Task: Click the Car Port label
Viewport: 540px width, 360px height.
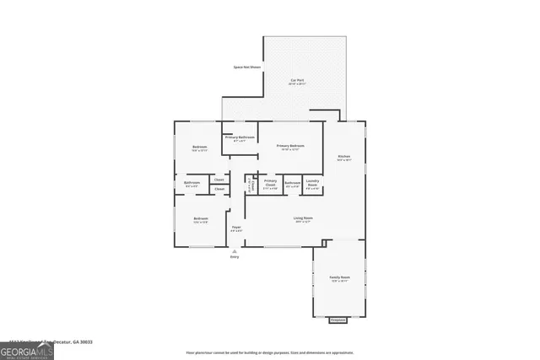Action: [x=296, y=81]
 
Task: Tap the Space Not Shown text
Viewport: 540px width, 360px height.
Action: [x=246, y=67]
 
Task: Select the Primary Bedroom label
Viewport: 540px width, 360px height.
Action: [x=290, y=146]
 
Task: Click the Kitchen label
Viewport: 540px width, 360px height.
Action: [x=344, y=156]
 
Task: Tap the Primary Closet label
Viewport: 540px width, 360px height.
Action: [x=270, y=182]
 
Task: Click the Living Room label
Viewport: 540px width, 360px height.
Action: [x=302, y=219]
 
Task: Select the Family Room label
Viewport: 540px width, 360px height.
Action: [x=339, y=277]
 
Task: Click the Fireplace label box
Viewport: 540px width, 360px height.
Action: [x=337, y=320]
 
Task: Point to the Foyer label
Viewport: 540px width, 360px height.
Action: [x=236, y=228]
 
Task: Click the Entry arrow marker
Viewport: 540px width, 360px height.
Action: [x=235, y=250]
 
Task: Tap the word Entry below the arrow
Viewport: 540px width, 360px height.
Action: [x=235, y=256]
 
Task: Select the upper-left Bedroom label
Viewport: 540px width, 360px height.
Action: [x=200, y=148]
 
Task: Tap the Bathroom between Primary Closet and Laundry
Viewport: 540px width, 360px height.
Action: [x=292, y=183]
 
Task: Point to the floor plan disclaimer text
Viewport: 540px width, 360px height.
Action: [x=269, y=352]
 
